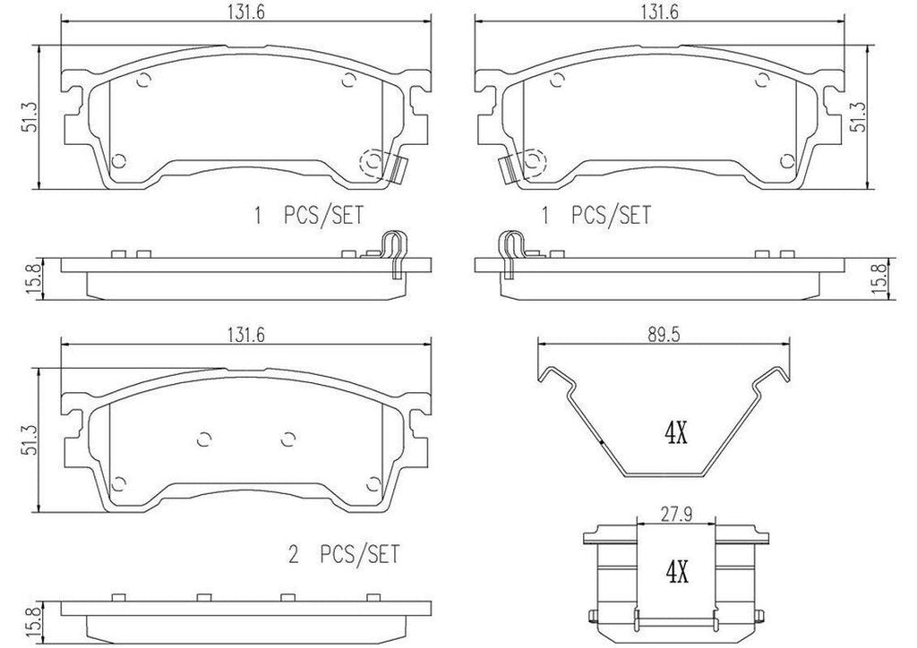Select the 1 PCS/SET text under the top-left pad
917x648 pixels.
point(310,215)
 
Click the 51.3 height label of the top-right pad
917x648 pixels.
point(858,116)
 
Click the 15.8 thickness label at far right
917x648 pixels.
point(886,277)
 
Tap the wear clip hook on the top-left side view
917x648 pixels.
point(391,249)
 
